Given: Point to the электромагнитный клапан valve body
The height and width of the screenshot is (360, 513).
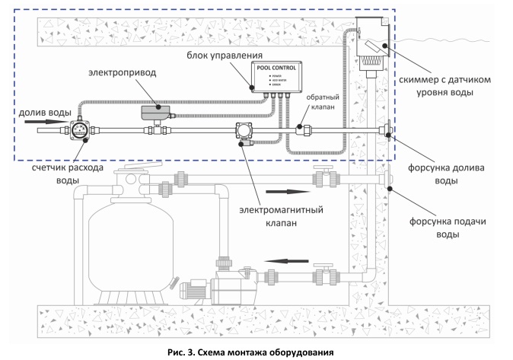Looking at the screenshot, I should (x=244, y=130).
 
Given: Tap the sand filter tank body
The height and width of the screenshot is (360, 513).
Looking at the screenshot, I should (x=123, y=244).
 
